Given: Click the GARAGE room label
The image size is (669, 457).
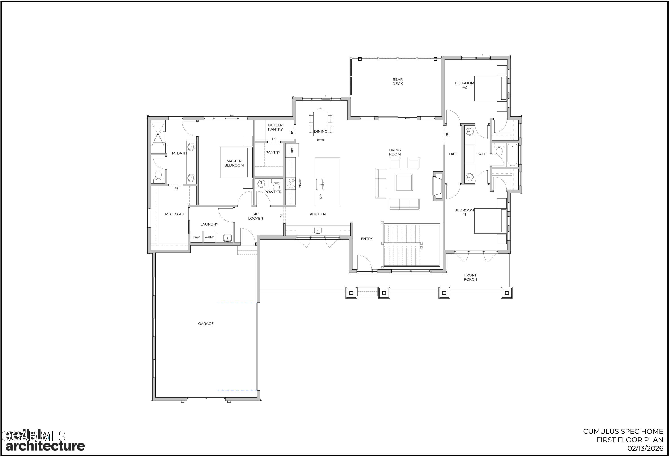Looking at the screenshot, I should (206, 323).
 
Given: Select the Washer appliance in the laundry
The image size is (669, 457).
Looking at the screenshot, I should (209, 237).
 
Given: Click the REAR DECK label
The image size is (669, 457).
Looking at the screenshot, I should (398, 81).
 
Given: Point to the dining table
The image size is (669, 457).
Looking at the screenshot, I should (320, 124).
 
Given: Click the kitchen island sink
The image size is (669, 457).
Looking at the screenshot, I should (320, 184).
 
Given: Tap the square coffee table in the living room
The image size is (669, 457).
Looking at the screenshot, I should (404, 182).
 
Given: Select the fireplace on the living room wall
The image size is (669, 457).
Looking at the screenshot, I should (438, 186).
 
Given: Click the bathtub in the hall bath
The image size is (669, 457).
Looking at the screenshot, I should (512, 155).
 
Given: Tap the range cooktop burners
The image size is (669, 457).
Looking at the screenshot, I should (290, 184).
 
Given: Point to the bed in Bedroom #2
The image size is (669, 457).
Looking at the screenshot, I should (490, 88).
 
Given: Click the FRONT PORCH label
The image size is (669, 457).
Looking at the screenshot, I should (470, 277).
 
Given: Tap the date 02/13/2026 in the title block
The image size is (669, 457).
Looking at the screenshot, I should (645, 448).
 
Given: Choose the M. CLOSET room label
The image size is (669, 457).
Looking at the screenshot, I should (174, 214).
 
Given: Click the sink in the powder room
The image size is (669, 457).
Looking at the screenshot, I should (261, 183).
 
